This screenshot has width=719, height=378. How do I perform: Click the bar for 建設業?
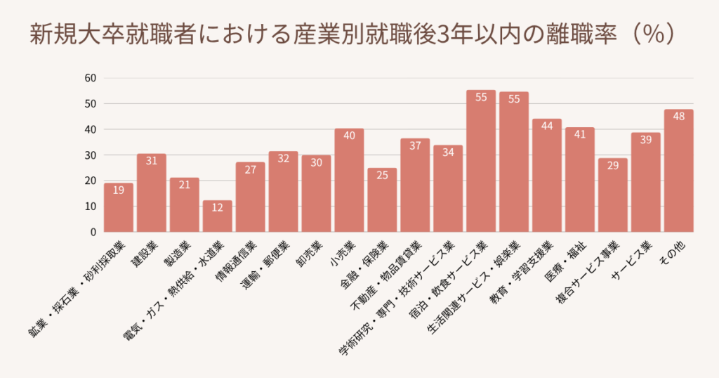pyautogui.click(x=152, y=193)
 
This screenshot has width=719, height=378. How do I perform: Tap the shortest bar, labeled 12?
pyautogui.click(x=217, y=216)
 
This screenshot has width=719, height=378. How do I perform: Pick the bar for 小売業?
pyautogui.click(x=349, y=181)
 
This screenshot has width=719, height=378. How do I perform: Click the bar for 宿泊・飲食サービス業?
pyautogui.click(x=481, y=162)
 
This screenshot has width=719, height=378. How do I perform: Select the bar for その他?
pyautogui.click(x=678, y=171)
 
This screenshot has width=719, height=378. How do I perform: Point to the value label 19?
pyautogui.click(x=119, y=190)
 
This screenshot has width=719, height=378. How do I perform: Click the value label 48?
pyautogui.click(x=678, y=117)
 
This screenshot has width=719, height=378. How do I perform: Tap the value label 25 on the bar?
pyautogui.click(x=382, y=176)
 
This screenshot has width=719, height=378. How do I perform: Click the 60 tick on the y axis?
pyautogui.click(x=90, y=78)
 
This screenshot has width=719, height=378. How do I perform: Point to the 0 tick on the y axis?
pyautogui.click(x=93, y=232)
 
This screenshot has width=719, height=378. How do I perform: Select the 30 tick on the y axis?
pyautogui.click(x=90, y=155)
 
